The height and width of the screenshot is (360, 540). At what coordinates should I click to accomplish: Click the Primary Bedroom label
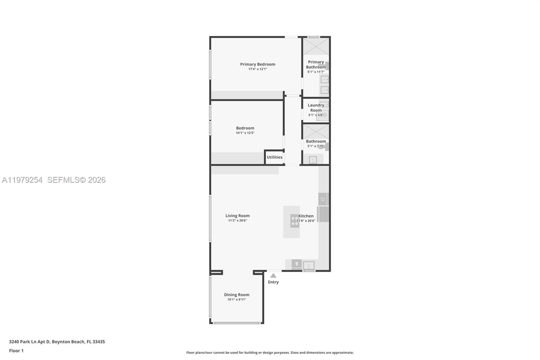click(258, 64)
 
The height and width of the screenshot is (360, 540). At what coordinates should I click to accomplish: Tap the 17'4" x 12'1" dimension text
click(258, 69)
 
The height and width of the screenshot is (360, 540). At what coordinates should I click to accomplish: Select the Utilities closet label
click(274, 157)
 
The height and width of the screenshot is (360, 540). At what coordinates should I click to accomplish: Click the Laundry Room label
click(316, 108)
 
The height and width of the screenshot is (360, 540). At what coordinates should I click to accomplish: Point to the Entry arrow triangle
click(273, 276)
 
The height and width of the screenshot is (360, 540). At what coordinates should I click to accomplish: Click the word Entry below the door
click(273, 282)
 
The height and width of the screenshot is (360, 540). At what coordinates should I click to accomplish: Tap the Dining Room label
click(237, 295)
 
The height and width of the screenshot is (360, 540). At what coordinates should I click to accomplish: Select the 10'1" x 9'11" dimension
click(237, 300)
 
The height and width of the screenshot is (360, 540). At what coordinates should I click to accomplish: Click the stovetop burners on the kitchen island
click(295, 221)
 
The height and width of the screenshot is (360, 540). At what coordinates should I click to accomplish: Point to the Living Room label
click(238, 216)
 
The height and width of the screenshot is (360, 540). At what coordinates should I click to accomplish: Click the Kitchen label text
click(306, 216)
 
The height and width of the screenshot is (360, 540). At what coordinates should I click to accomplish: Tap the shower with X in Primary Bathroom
click(316, 46)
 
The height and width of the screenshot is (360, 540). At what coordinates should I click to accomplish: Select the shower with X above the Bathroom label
click(316, 131)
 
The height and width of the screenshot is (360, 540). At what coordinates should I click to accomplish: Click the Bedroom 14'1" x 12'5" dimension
click(245, 133)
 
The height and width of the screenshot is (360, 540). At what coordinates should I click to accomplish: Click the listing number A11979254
click(22, 180)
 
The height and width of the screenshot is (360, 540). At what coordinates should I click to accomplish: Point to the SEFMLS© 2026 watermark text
click(77, 180)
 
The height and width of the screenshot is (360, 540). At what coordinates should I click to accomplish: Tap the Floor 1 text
click(16, 351)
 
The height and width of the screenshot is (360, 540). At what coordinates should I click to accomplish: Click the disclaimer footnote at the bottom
click(270, 353)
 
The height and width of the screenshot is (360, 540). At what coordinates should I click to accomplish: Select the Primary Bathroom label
click(316, 65)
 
